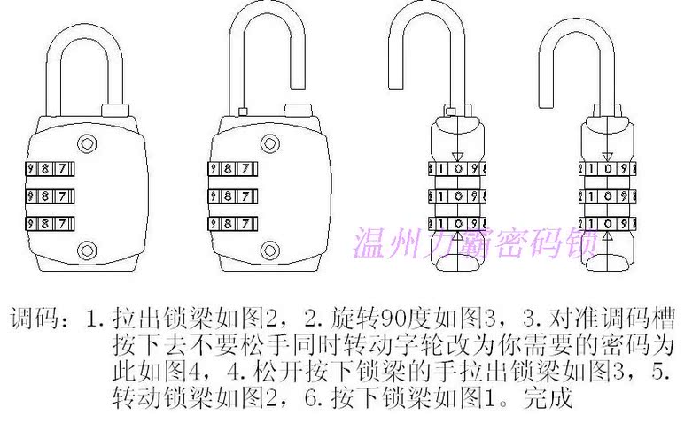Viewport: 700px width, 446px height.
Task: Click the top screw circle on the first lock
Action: click(x=87, y=143)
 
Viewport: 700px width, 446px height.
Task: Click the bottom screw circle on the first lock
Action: click(x=87, y=250)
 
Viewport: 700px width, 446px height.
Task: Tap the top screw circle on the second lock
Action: click(x=270, y=143)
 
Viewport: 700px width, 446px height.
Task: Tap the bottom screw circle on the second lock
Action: click(x=270, y=250)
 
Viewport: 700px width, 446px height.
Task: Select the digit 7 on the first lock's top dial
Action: click(x=62, y=169)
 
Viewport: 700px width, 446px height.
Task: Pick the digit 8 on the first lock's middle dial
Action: click(x=45, y=196)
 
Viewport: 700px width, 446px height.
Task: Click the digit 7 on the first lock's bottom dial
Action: click(x=62, y=223)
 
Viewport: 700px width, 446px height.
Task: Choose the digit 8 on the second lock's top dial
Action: click(x=228, y=169)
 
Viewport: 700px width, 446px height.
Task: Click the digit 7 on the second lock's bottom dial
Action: click(x=245, y=223)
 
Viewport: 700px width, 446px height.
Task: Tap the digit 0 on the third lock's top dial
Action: click(x=458, y=169)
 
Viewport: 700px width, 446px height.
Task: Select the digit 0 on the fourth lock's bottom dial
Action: click(x=608, y=224)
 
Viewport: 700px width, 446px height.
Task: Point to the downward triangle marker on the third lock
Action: click(x=458, y=157)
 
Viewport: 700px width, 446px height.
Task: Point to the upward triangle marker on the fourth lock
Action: click(x=608, y=236)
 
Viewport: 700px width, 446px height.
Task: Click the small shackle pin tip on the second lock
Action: click(x=244, y=111)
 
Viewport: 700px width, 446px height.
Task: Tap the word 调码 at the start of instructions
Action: click(x=35, y=318)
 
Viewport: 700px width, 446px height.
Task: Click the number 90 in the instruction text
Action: click(x=393, y=318)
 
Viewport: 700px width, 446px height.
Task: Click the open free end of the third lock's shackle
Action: click(x=395, y=88)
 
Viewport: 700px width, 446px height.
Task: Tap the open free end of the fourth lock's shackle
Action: click(x=545, y=106)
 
